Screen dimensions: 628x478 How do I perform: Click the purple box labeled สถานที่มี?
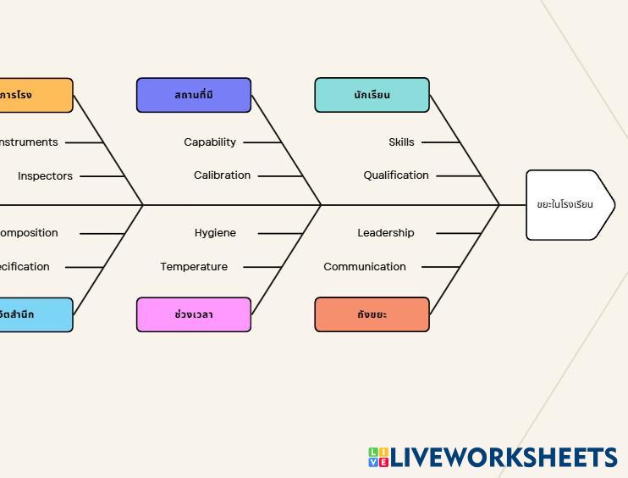tap(194, 95)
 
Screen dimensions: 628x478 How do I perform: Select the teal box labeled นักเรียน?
tap(372, 95)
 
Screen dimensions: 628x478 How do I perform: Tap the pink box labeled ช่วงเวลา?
tap(194, 314)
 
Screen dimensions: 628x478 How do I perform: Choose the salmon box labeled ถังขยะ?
tap(372, 314)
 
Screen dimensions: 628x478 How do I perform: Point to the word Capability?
tap(210, 142)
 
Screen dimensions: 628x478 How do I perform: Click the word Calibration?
tap(222, 175)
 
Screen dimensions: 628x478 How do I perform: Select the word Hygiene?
tap(215, 233)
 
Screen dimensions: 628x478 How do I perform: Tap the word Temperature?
tap(194, 267)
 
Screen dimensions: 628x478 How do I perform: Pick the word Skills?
tap(401, 142)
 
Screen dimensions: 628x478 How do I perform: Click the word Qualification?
tap(396, 175)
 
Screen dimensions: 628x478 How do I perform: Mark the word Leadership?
tap(386, 233)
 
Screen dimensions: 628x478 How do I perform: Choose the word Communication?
tap(365, 267)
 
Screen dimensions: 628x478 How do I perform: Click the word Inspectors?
tap(45, 176)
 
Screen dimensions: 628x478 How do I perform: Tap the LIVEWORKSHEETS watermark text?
tap(504, 458)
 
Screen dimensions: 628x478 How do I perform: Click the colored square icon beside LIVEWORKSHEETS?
tap(378, 458)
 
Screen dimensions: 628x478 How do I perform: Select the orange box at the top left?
tap(34, 95)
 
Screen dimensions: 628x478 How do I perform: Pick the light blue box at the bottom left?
tap(34, 314)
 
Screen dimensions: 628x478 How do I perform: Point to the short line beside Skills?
tap(440, 142)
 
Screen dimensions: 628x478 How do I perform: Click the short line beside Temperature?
tap(262, 267)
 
